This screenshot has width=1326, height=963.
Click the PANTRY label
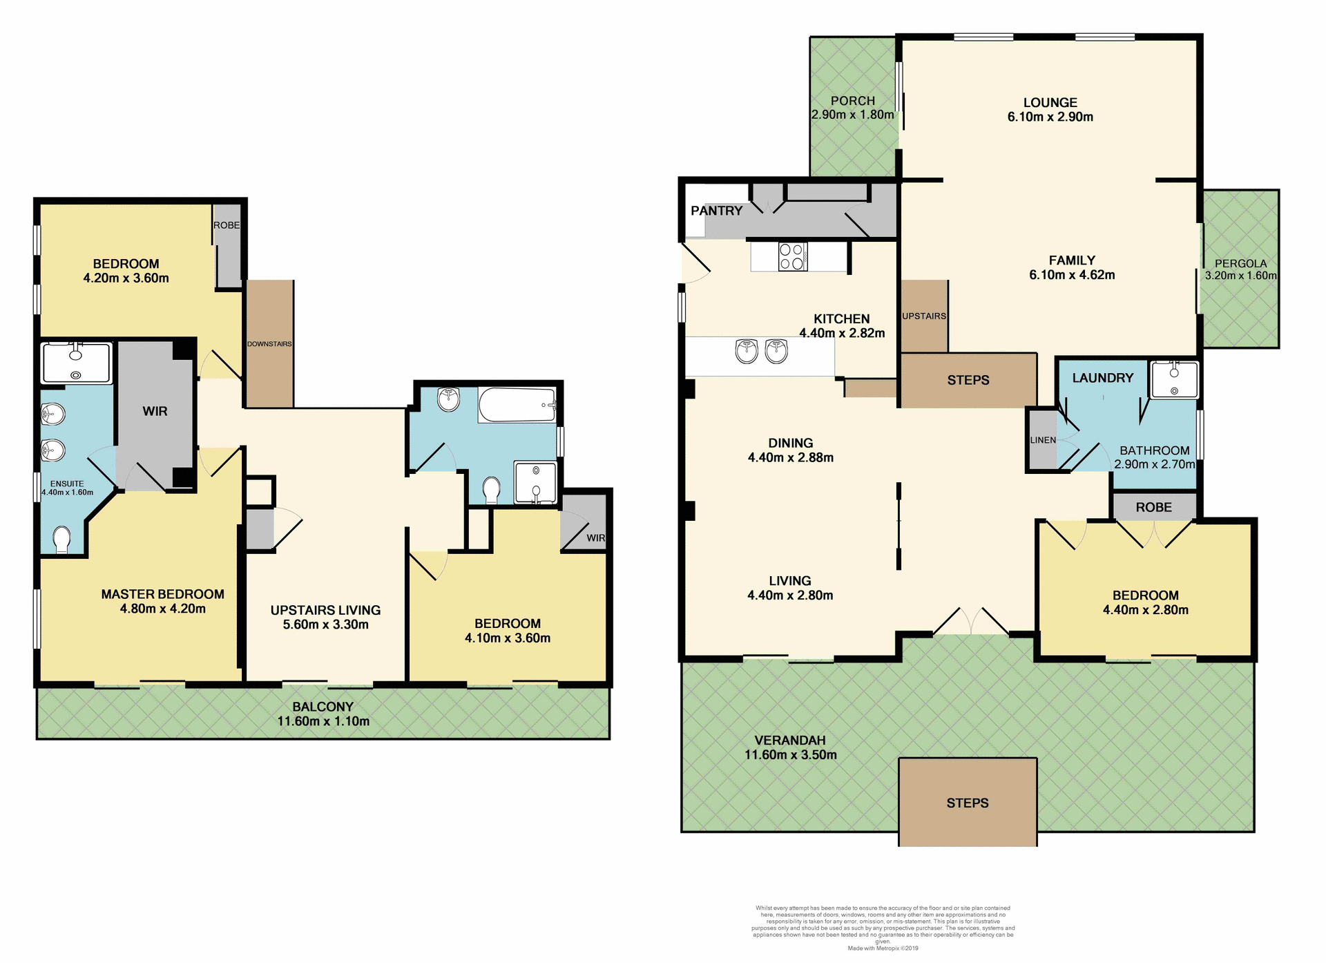point(716,211)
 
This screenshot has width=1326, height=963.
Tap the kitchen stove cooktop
point(792,256)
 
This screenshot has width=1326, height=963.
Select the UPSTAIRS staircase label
point(923,316)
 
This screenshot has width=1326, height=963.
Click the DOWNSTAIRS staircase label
point(269,344)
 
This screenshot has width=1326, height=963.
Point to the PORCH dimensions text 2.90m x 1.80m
point(852,115)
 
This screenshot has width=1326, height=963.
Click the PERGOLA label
point(1240,263)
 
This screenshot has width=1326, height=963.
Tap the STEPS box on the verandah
point(967,803)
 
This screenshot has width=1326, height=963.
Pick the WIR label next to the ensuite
point(155,411)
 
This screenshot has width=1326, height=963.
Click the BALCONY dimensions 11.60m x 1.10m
point(323,721)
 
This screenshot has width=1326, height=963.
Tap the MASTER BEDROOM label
point(162,594)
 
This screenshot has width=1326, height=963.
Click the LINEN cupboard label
point(1042,440)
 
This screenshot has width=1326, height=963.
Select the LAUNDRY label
point(1102,378)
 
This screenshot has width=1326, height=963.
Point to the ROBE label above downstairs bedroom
point(1153,507)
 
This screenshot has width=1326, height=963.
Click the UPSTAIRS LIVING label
point(325,610)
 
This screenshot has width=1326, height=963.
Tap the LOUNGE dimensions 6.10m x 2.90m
point(1050,117)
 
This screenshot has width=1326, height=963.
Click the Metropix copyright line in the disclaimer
point(883,948)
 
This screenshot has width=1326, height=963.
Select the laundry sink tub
point(1174,380)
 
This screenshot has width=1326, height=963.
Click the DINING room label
point(790,443)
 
